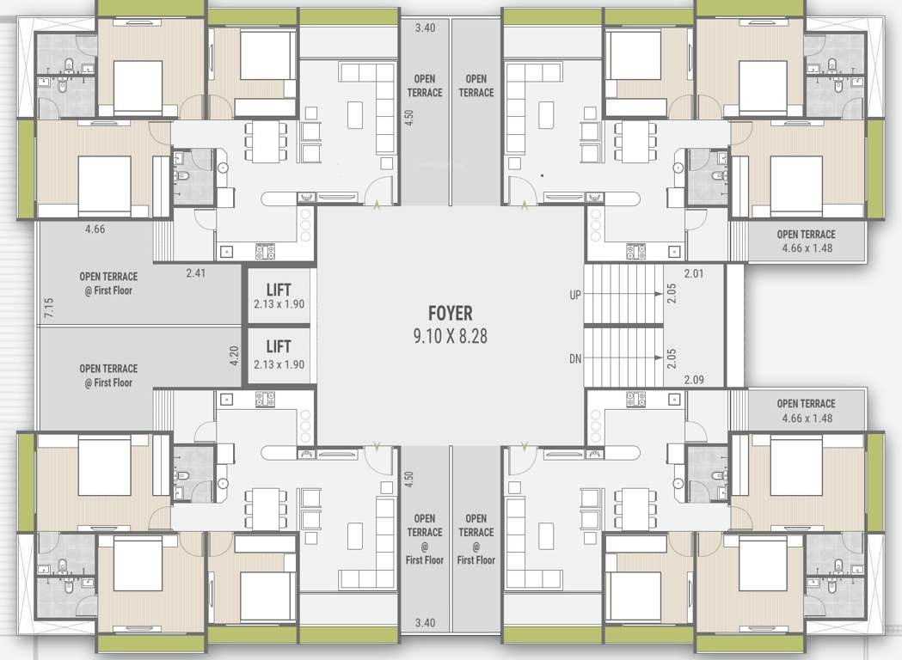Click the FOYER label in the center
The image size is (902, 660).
coord(450,314)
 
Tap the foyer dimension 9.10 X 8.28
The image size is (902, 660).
coord(450,336)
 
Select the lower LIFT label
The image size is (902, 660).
coord(279,346)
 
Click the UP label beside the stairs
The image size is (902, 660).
coord(574,295)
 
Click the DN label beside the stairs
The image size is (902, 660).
coord(574,357)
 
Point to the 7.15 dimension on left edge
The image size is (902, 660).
coord(48,308)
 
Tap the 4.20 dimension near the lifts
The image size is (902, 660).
coord(234,356)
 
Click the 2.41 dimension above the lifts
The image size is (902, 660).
coord(197,273)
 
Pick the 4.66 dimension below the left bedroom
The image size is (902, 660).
coord(95,229)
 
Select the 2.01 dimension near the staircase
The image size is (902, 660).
coord(694,273)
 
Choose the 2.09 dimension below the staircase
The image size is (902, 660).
coord(694,379)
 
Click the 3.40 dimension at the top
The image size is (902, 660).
coord(425,28)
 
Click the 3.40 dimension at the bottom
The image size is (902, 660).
coord(425,622)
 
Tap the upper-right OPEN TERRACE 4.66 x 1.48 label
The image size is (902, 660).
coord(806,241)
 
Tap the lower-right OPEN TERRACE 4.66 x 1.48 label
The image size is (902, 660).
coord(806,411)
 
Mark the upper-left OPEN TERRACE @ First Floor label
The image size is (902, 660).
coord(108,284)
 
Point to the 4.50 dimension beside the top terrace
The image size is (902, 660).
coord(409,118)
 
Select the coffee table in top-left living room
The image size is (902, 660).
coord(355,113)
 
